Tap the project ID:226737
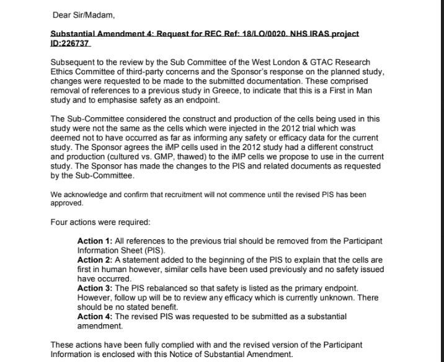[69, 45]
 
